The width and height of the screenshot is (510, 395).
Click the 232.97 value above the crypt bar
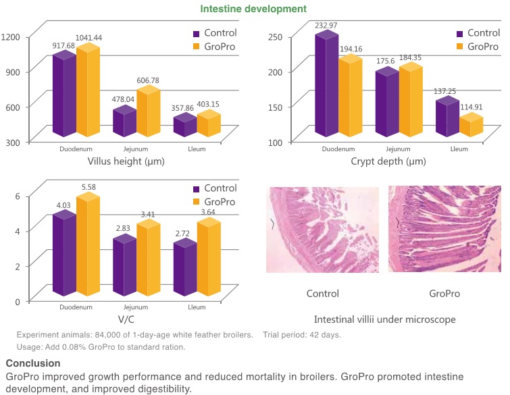326,26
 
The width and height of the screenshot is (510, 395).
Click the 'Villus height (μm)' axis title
126,162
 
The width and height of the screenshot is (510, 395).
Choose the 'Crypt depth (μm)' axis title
388,162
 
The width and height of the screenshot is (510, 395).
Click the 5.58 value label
88,187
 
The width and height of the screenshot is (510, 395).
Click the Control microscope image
322,230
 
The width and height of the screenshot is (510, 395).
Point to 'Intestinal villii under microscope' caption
384,319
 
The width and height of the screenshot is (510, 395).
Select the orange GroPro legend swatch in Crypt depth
460,47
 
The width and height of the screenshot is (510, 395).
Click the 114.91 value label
472,107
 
